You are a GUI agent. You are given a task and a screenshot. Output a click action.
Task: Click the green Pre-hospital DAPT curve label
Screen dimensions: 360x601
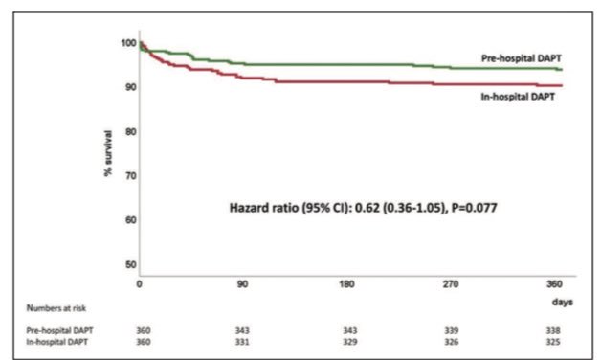click(522, 59)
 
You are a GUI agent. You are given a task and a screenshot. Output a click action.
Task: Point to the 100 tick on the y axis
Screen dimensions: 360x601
click(128, 43)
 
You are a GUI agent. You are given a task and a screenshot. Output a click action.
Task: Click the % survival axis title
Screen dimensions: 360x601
click(109, 156)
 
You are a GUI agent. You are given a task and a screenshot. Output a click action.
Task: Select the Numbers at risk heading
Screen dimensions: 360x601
click(59, 307)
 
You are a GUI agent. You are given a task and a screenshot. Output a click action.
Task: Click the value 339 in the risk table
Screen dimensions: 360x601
click(452, 328)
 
